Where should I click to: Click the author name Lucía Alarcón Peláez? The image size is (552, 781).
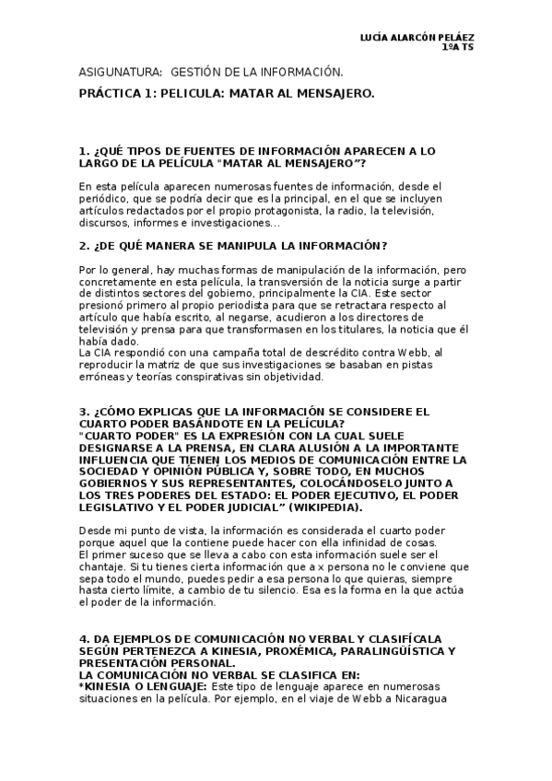[x=417, y=36]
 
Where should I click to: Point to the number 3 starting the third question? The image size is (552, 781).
[x=83, y=410]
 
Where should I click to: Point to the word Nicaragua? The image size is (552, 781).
[x=421, y=698]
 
